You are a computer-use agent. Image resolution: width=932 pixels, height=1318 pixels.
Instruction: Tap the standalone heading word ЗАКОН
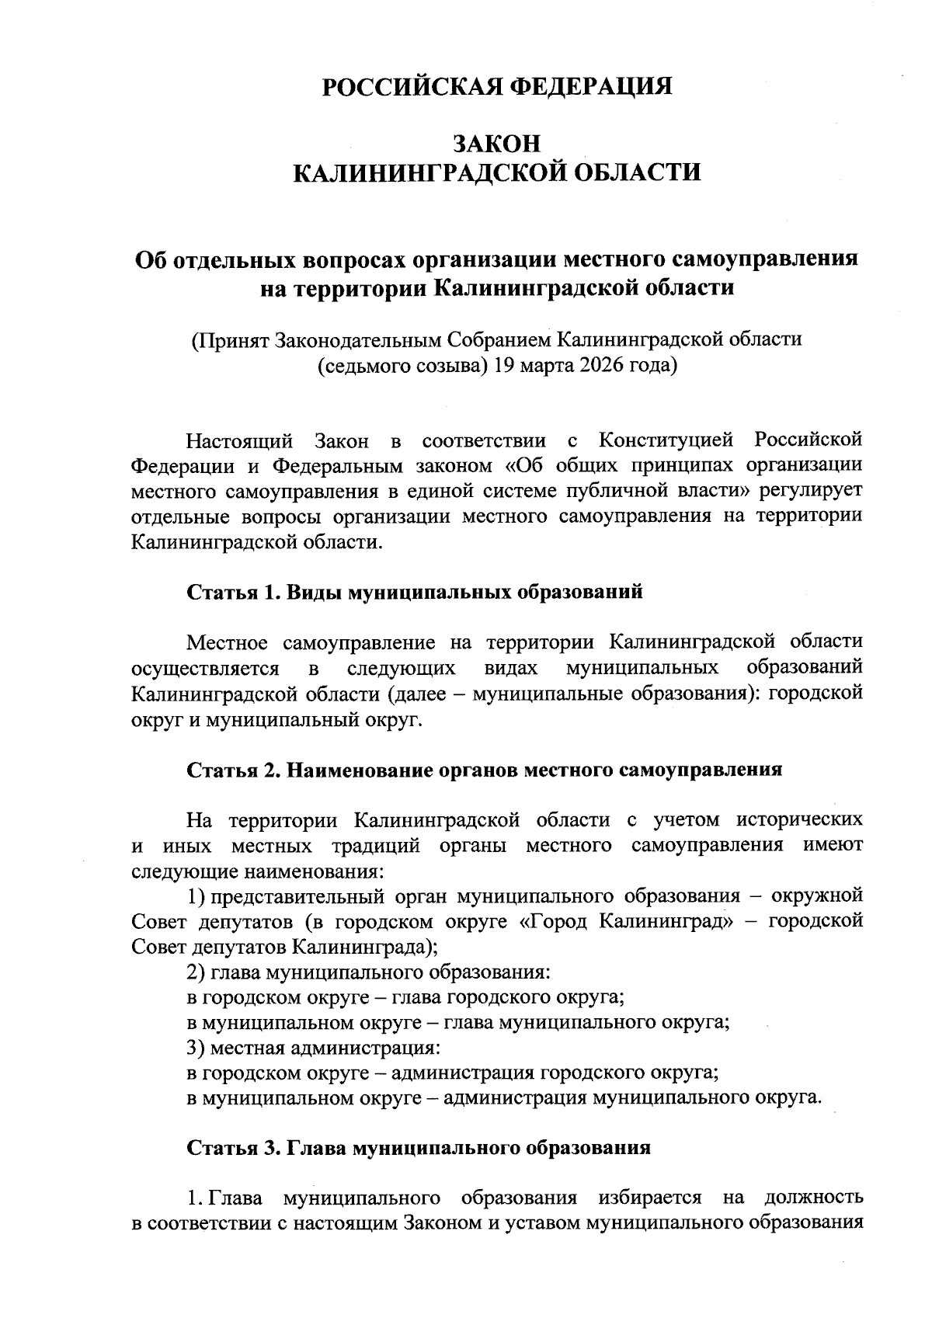coord(497,144)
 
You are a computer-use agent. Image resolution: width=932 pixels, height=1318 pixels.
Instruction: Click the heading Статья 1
coord(233,593)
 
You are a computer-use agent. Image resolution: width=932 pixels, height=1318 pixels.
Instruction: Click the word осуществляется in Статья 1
coord(205,668)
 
